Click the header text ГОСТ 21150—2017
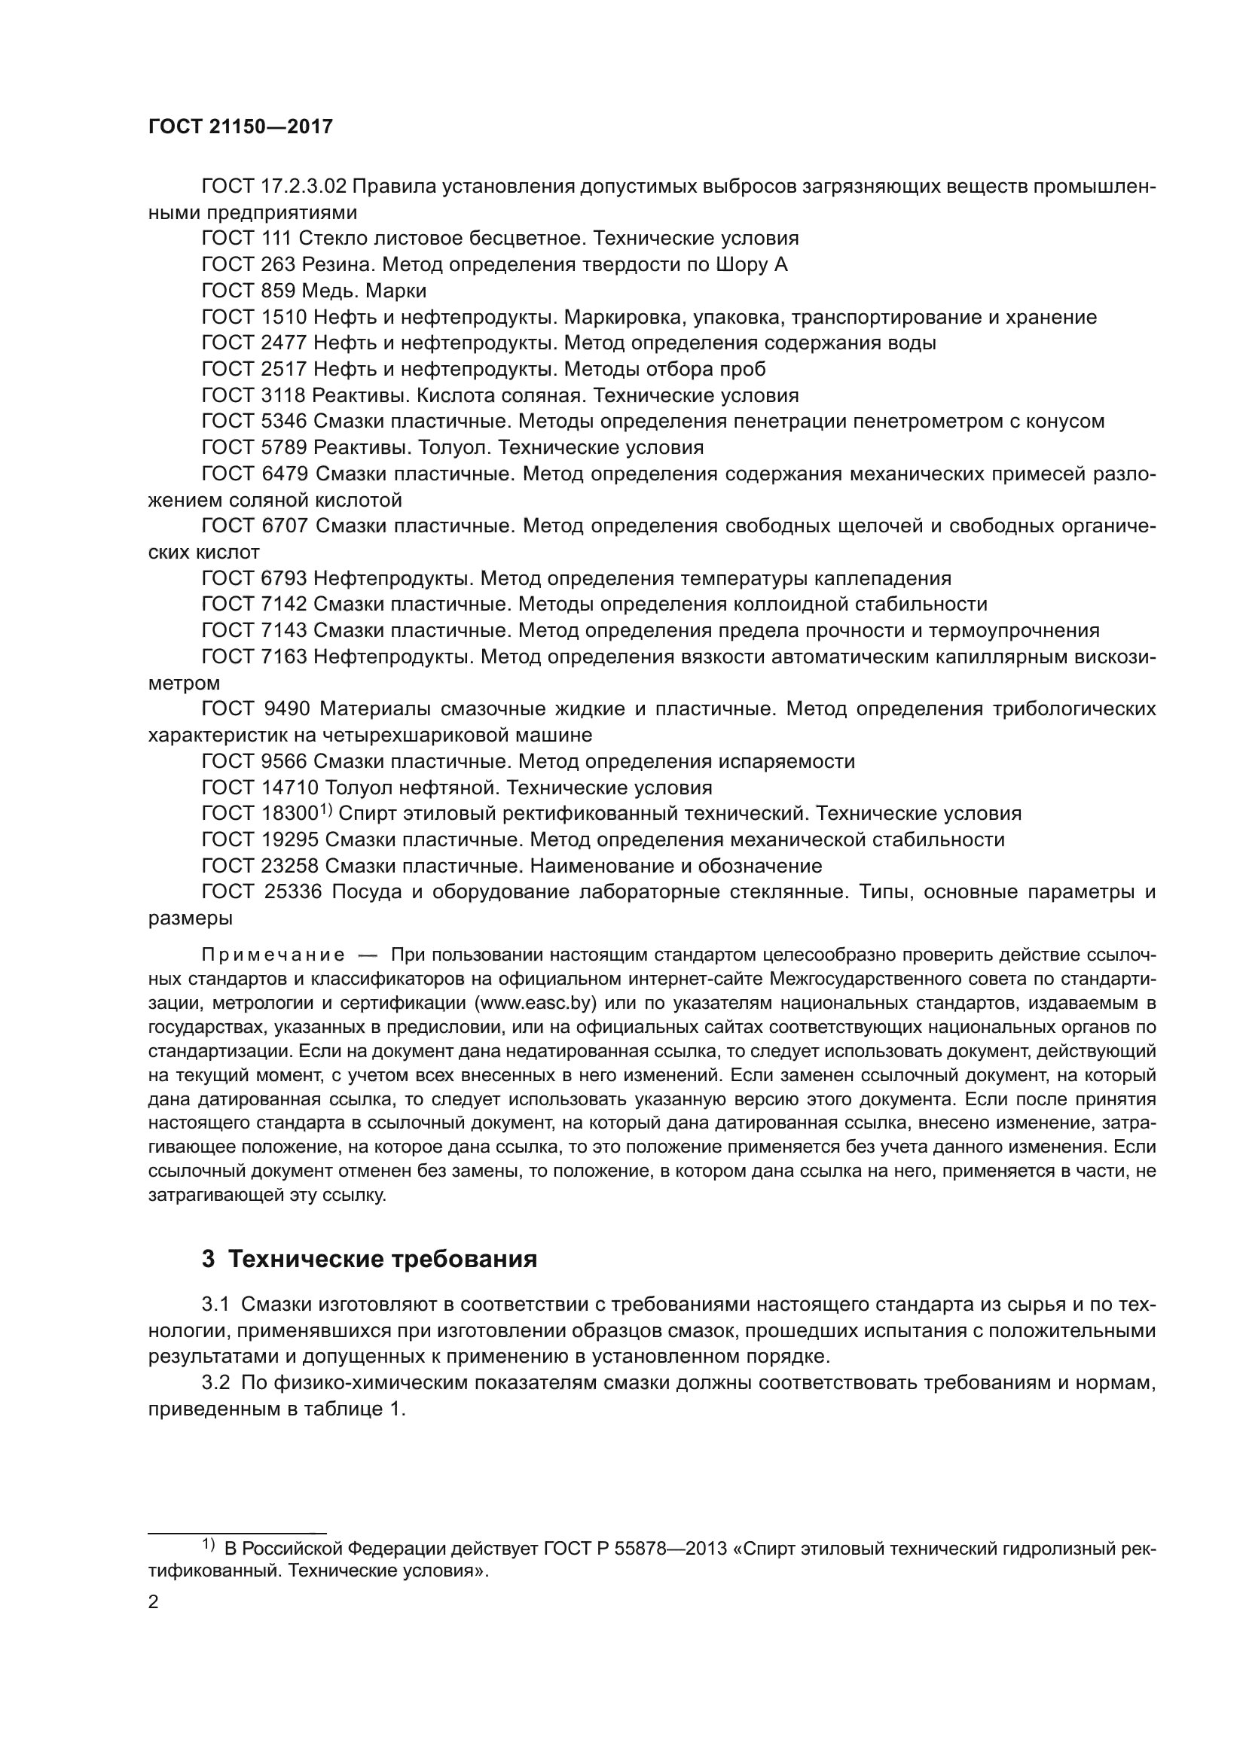point(240,127)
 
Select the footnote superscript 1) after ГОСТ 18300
point(325,809)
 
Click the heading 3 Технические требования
point(369,1260)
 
